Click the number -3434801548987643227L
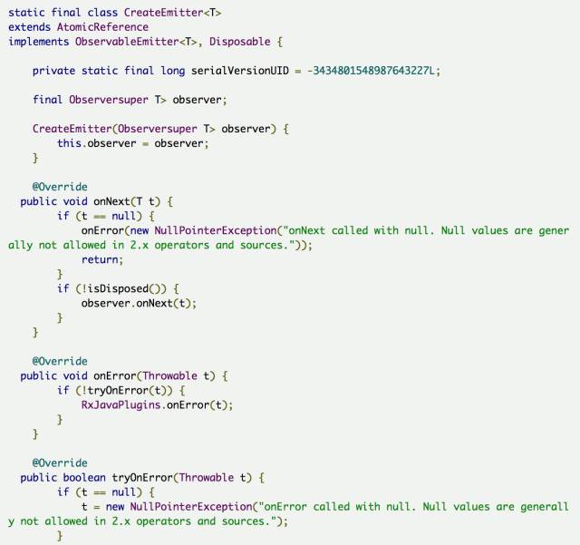click(x=373, y=71)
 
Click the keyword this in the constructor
click(x=69, y=143)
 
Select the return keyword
click(x=100, y=259)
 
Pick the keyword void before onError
click(x=74, y=375)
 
